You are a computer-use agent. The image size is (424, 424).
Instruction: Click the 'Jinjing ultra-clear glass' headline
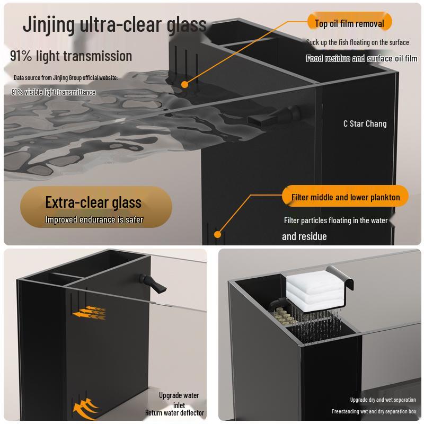click(114, 24)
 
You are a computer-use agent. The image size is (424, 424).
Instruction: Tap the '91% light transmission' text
click(71, 56)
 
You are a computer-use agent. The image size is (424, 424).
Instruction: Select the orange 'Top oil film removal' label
click(349, 23)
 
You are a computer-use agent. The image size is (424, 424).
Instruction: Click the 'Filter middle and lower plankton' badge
click(346, 197)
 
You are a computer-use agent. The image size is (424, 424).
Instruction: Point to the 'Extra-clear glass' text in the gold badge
click(93, 202)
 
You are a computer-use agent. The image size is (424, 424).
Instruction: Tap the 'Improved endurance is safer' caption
click(94, 219)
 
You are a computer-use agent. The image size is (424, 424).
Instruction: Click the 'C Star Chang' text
click(365, 123)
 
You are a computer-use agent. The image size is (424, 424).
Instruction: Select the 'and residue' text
click(304, 236)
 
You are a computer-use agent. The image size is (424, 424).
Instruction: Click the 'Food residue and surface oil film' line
click(361, 59)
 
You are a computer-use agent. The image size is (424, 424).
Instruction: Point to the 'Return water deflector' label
click(174, 413)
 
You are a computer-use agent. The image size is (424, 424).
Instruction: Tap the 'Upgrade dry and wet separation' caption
click(383, 400)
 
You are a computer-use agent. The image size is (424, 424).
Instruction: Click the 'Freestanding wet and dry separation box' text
click(374, 411)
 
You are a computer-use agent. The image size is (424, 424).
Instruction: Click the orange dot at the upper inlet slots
click(184, 84)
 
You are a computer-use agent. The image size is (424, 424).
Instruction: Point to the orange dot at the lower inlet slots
click(217, 234)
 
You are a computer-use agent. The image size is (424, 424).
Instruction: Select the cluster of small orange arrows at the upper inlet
click(90, 313)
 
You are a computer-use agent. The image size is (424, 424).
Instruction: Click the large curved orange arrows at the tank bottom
click(86, 408)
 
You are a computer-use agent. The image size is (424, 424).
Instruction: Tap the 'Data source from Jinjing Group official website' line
click(66, 77)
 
